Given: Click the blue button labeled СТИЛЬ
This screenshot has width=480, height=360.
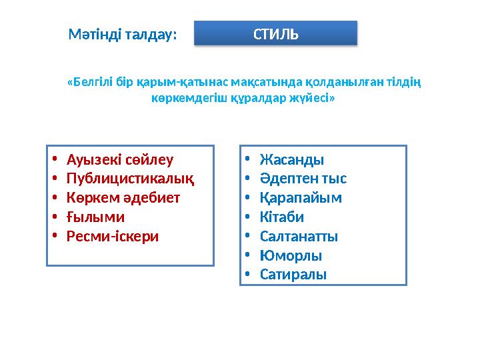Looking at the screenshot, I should pyautogui.click(x=275, y=33).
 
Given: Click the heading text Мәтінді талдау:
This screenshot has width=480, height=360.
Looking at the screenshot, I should pyautogui.click(x=123, y=35).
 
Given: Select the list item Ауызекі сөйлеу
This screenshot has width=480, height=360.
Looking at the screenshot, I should pyautogui.click(x=120, y=159).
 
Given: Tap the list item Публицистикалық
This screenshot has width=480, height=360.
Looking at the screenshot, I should pyautogui.click(x=131, y=179).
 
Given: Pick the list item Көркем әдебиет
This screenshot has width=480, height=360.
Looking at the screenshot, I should pyautogui.click(x=123, y=198).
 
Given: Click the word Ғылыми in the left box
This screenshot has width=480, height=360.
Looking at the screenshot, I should pyautogui.click(x=95, y=217).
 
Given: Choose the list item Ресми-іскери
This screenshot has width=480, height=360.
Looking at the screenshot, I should pyautogui.click(x=113, y=236).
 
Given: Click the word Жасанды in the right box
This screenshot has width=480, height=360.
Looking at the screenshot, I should pyautogui.click(x=292, y=160).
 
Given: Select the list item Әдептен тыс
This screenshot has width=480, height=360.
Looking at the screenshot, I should pyautogui.click(x=303, y=179).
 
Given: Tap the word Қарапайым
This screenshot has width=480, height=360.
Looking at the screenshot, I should pyautogui.click(x=300, y=198).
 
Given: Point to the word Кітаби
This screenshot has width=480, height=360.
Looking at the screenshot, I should pyautogui.click(x=281, y=217).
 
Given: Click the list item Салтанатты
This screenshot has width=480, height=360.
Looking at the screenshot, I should pyautogui.click(x=299, y=236).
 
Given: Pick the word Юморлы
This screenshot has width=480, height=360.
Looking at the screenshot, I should pyautogui.click(x=291, y=255).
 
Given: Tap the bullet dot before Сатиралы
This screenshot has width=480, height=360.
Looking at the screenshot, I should pyautogui.click(x=247, y=275).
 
